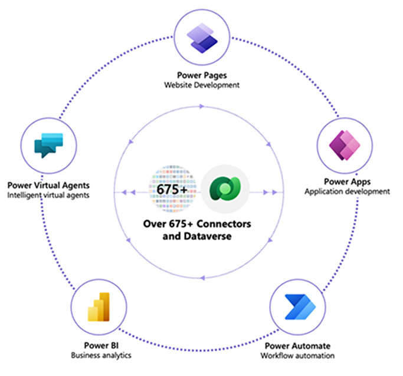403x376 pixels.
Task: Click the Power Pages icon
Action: tap(202, 38)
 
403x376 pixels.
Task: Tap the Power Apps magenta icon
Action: tap(345, 145)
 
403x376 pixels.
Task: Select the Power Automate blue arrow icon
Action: tap(300, 307)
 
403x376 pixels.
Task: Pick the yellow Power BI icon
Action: tap(99, 307)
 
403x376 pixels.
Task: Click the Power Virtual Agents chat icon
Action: tap(48, 145)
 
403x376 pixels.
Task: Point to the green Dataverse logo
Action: tap(225, 189)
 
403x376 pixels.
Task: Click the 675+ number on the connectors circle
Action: tap(172, 190)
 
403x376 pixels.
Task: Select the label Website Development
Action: tap(202, 85)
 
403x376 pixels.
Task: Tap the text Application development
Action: tap(347, 192)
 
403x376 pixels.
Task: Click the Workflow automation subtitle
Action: tap(297, 356)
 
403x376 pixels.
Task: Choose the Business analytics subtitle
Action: tap(101, 355)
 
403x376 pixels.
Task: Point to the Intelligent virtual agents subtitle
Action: tap(48, 195)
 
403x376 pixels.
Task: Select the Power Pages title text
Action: tap(202, 75)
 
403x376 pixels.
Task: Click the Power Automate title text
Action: tap(297, 346)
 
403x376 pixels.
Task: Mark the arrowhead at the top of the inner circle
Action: tap(202, 106)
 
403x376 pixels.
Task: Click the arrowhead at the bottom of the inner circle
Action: tap(202, 278)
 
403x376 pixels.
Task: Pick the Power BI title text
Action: tap(101, 345)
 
